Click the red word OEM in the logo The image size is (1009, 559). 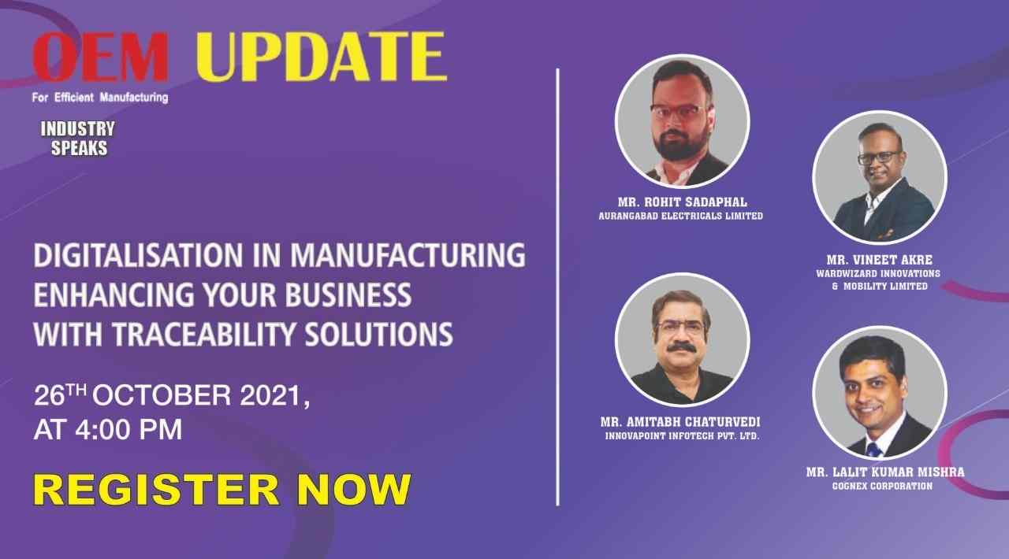click(100, 57)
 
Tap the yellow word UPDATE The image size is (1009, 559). click(322, 57)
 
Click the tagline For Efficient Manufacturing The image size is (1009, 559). click(100, 97)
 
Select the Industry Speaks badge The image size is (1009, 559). click(78, 138)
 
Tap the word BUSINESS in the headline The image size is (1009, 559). click(348, 294)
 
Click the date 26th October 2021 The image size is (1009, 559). click(172, 395)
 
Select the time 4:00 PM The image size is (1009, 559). click(128, 429)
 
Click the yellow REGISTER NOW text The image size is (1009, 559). click(222, 490)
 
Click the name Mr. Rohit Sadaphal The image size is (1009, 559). click(682, 202)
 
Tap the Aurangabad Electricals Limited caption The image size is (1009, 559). click(680, 216)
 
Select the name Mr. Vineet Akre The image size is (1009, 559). click(879, 260)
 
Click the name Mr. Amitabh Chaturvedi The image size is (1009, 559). click(680, 422)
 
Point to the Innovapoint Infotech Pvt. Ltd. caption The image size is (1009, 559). click(682, 436)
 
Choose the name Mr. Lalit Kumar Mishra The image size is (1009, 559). click(885, 472)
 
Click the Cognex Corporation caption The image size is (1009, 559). click(882, 486)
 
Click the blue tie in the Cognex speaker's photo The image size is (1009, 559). click(873, 450)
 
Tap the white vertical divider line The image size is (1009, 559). click(557, 287)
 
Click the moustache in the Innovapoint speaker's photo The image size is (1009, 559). click(682, 347)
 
